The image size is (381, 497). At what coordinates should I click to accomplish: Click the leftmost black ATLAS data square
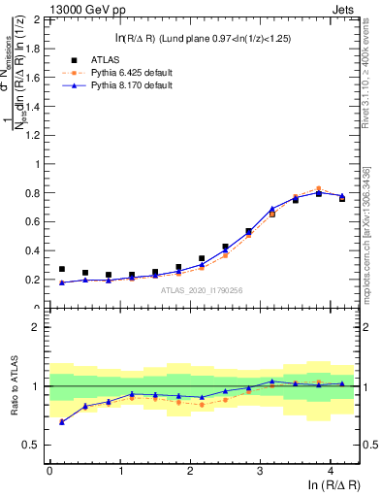click(62, 269)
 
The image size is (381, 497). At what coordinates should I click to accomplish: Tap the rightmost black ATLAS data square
click(342, 198)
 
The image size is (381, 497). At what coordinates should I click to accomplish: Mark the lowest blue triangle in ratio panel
click(62, 422)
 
